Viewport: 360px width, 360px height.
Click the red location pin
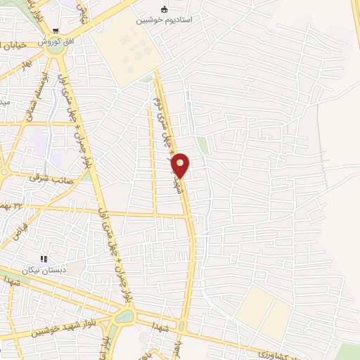(x=181, y=165)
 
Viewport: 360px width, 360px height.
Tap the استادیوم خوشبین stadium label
(x=165, y=21)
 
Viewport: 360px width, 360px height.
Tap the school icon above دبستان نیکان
(x=44, y=259)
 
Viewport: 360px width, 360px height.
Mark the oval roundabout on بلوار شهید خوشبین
(x=123, y=317)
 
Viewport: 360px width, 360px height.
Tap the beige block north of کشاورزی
(x=264, y=309)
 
